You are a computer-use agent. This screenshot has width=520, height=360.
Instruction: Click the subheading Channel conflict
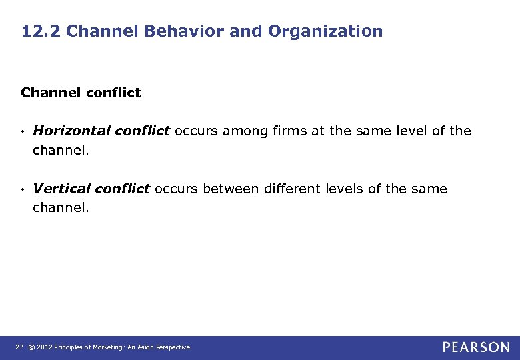tap(81, 93)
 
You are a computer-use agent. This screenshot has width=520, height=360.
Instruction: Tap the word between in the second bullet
tap(231, 189)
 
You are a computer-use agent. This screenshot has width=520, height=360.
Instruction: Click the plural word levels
tap(344, 189)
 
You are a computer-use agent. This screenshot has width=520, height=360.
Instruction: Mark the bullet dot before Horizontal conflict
tap(23, 131)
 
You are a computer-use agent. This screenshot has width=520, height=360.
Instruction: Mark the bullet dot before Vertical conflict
tap(23, 189)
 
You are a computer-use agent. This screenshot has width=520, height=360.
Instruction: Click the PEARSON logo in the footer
tap(476, 347)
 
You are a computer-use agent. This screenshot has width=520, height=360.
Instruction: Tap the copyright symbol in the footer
tap(31, 347)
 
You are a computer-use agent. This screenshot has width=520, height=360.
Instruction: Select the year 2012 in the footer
tap(45, 347)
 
